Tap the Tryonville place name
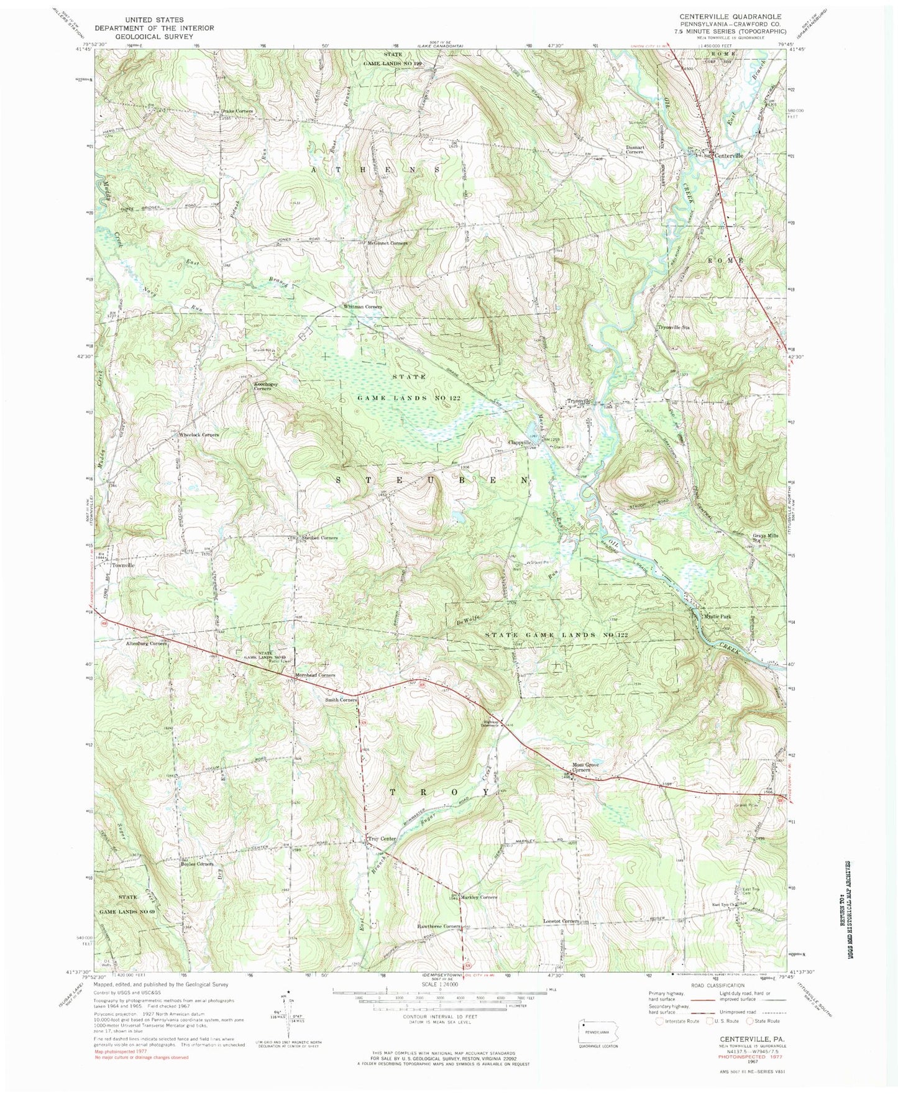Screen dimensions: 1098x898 (577, 401)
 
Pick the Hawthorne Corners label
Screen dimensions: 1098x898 (439, 926)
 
